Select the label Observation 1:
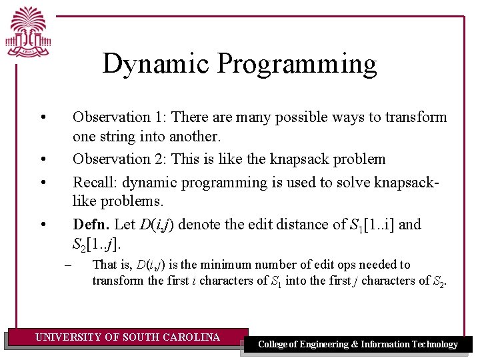tap(120, 117)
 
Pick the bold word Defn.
tap(91, 225)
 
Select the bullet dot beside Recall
tap(42, 183)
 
